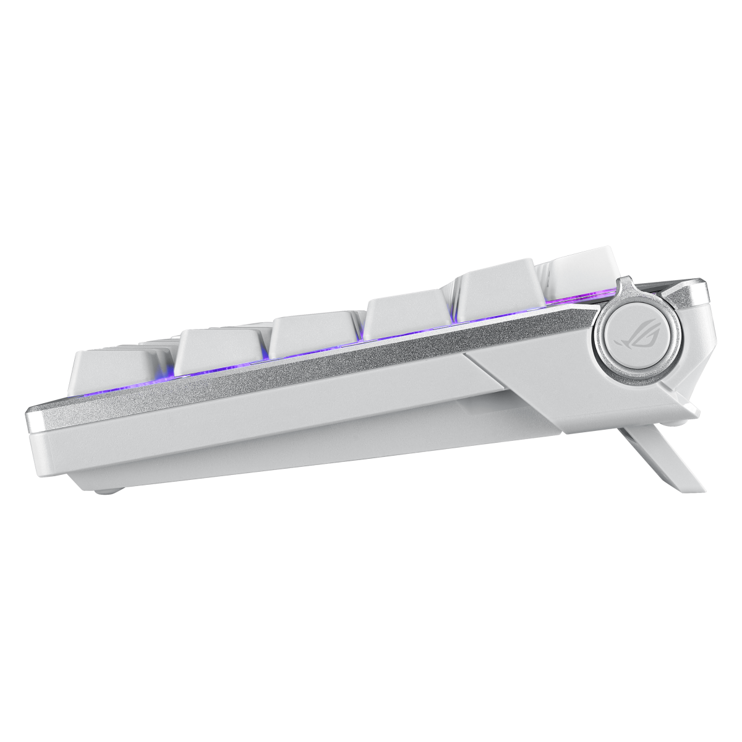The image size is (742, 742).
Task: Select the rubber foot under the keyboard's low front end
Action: [106, 492]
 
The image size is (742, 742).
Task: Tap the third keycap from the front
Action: [312, 335]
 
